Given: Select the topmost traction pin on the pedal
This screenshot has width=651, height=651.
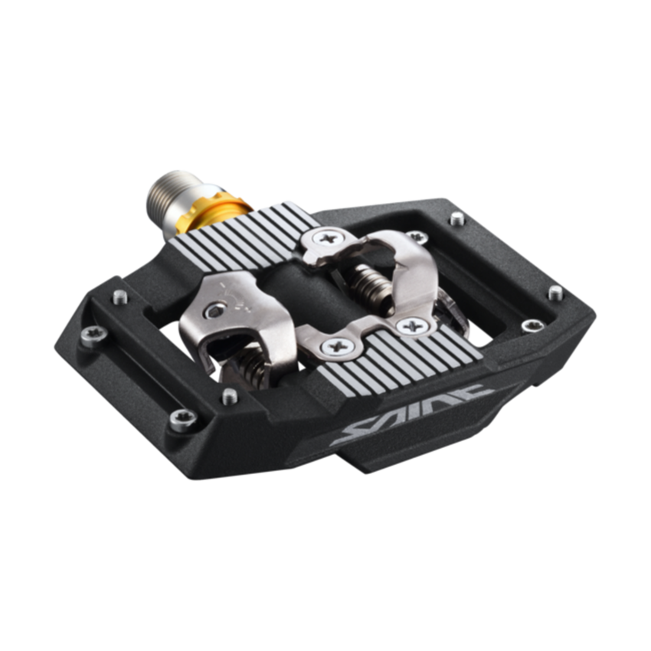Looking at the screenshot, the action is (x=457, y=218).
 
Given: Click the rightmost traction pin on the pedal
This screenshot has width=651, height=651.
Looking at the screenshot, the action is (x=556, y=293).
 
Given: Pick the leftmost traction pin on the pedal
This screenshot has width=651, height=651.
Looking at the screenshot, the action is (x=120, y=297).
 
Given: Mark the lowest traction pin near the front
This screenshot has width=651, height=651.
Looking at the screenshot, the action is (x=230, y=396).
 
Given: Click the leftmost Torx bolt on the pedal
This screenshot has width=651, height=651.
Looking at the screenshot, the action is (x=94, y=336).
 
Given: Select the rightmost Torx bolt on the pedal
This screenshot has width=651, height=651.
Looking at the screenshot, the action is (x=532, y=325).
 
